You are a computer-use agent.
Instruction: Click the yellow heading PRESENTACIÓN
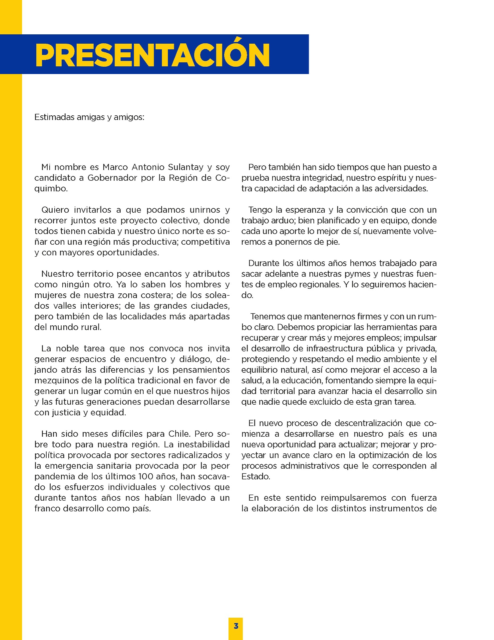tap(152, 55)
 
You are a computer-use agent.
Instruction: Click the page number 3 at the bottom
tap(236, 626)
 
